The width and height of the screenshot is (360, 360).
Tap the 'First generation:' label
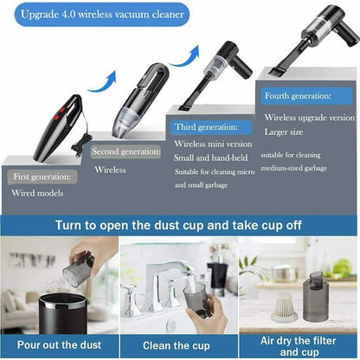42,176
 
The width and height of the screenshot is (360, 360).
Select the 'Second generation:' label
125,151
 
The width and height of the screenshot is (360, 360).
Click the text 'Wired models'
37,193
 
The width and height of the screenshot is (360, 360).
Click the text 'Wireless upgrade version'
309,117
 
